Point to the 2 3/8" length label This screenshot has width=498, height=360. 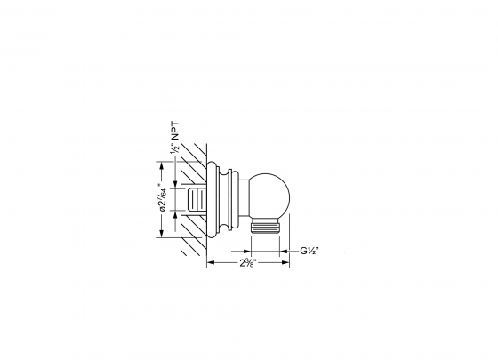(x=249, y=263)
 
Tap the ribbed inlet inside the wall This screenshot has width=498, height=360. (x=198, y=201)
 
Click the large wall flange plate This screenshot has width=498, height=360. (x=213, y=201)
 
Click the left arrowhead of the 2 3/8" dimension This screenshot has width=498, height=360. (x=210, y=263)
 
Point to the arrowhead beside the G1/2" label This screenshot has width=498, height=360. (x=289, y=252)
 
